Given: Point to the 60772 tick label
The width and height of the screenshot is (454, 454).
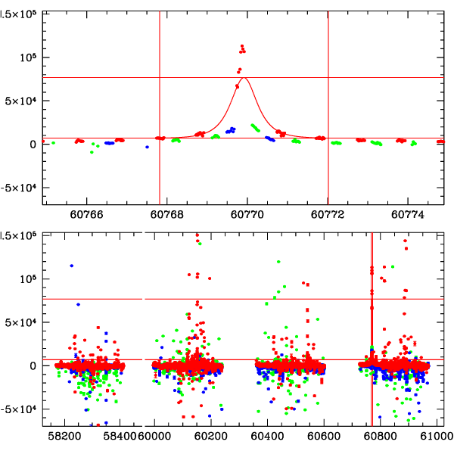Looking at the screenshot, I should point(329,214).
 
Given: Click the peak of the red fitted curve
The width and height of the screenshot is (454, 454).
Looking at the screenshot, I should point(244,78).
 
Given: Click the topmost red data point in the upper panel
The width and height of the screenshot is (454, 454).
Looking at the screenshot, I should point(242,46).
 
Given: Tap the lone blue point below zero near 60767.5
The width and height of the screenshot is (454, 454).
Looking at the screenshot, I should point(147,147).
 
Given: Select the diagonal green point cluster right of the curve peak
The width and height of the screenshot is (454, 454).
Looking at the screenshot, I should point(257,128).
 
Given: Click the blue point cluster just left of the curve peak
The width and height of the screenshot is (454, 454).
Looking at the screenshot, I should point(230,130).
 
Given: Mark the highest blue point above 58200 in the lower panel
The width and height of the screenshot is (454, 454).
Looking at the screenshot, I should point(72,266).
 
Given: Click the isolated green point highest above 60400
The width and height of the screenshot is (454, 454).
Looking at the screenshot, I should point(279,262).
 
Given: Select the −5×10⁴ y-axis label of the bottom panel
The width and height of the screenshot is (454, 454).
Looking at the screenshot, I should point(20,409).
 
